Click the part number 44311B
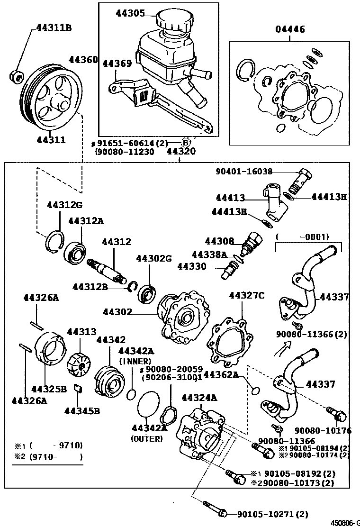pos(54,28)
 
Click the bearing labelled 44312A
pos(75,249)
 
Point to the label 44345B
pos(82,410)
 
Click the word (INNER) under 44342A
pos(135,361)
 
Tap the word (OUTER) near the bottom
pos(146,439)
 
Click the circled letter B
pos(186,142)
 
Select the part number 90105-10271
pos(267,513)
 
